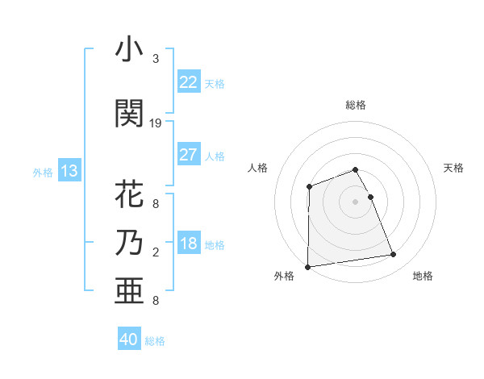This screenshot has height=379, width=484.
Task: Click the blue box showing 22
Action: point(188,82)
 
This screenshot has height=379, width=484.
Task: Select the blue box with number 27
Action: point(188,155)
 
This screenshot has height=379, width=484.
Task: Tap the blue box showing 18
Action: point(188,244)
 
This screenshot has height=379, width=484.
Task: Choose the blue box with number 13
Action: point(69,171)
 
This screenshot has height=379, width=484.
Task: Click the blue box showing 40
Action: point(129,339)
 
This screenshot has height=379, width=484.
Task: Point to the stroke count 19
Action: point(156,123)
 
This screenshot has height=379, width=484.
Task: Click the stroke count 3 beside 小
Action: point(156,59)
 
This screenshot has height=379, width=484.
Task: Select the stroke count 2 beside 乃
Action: point(156,252)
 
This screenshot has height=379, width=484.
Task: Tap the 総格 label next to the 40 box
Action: point(155,341)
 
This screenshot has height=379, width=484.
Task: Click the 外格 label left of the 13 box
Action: point(43,172)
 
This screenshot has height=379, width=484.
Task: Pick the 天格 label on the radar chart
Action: point(453,168)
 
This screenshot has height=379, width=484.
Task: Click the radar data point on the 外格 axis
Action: point(307,267)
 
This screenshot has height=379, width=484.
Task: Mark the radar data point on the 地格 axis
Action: point(394,255)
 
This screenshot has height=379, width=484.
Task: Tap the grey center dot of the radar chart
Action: point(355,201)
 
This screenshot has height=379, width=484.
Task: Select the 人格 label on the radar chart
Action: point(257,168)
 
